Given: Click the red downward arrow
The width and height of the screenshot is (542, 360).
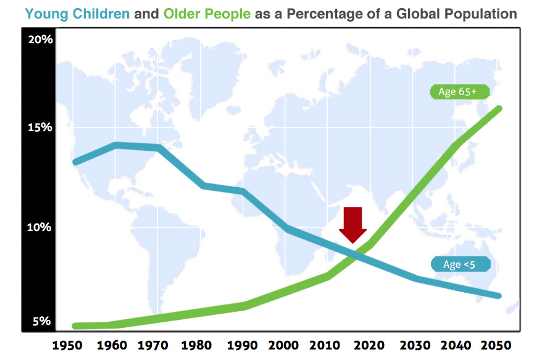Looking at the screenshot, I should [x=353, y=224].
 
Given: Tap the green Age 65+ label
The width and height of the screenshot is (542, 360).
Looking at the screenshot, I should [x=459, y=92].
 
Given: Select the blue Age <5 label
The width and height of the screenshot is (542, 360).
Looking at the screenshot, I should [x=459, y=264].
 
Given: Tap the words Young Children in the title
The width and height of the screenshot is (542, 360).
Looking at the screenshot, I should [x=77, y=14].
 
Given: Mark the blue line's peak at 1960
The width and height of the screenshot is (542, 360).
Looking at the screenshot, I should [x=115, y=145].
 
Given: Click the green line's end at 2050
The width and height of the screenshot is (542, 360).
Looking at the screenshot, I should [x=498, y=109].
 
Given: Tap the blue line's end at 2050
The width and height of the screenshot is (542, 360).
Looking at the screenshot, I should [x=498, y=296].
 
